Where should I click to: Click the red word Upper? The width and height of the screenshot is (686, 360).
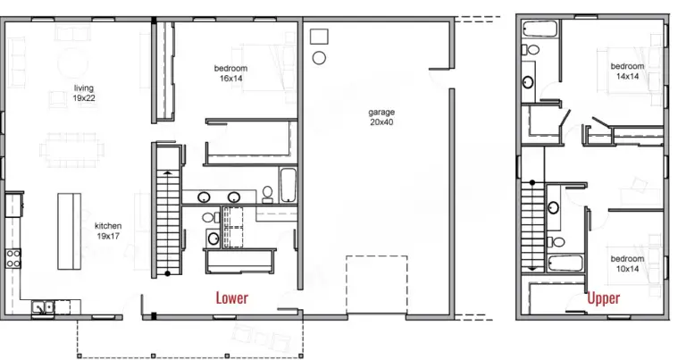click(x=605, y=297)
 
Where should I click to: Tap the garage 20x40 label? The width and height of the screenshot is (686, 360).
click(x=381, y=117)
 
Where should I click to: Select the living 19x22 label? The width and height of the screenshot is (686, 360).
click(x=84, y=94)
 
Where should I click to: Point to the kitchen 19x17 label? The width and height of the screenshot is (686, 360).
click(x=108, y=231)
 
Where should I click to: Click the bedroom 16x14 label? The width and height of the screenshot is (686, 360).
click(x=230, y=73)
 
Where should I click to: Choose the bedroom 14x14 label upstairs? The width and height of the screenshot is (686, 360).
click(x=627, y=71)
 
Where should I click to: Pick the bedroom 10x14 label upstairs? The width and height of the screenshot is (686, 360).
click(x=627, y=264)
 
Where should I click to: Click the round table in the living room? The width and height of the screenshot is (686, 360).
click(x=73, y=63)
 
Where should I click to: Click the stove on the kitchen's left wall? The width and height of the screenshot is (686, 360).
click(x=14, y=258)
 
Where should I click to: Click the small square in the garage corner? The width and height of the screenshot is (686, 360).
click(x=319, y=37)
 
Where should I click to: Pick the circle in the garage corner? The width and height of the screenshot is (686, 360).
click(x=317, y=58)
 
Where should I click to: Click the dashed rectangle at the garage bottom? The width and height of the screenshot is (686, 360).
click(x=377, y=285)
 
